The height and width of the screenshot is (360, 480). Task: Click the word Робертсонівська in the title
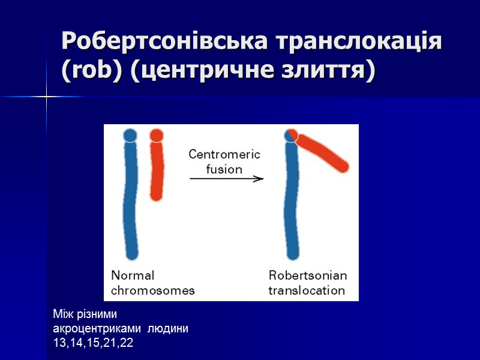pyautogui.click(x=164, y=42)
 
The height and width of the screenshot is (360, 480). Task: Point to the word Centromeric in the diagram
pyautogui.click(x=224, y=154)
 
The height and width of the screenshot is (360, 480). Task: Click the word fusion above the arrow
pyautogui.click(x=224, y=169)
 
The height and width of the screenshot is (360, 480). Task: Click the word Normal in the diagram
pyautogui.click(x=133, y=276)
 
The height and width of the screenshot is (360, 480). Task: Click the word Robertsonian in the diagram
pyautogui.click(x=307, y=276)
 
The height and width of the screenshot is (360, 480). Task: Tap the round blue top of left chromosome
pyautogui.click(x=130, y=135)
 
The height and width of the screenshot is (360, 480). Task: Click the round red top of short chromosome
pyautogui.click(x=157, y=136)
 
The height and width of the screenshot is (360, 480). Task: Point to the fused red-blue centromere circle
pyautogui.click(x=292, y=136)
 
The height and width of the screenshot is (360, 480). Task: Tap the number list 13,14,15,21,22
pyautogui.click(x=93, y=343)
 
